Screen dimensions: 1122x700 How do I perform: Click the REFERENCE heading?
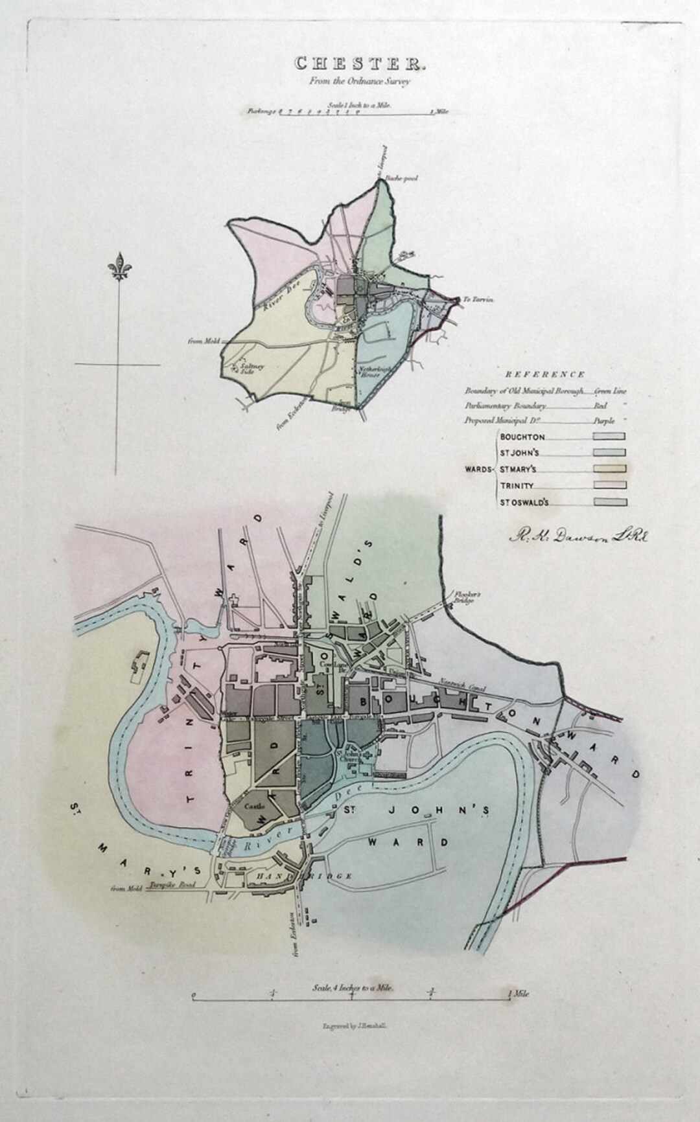[545, 374]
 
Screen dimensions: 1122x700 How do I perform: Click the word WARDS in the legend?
[478, 469]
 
